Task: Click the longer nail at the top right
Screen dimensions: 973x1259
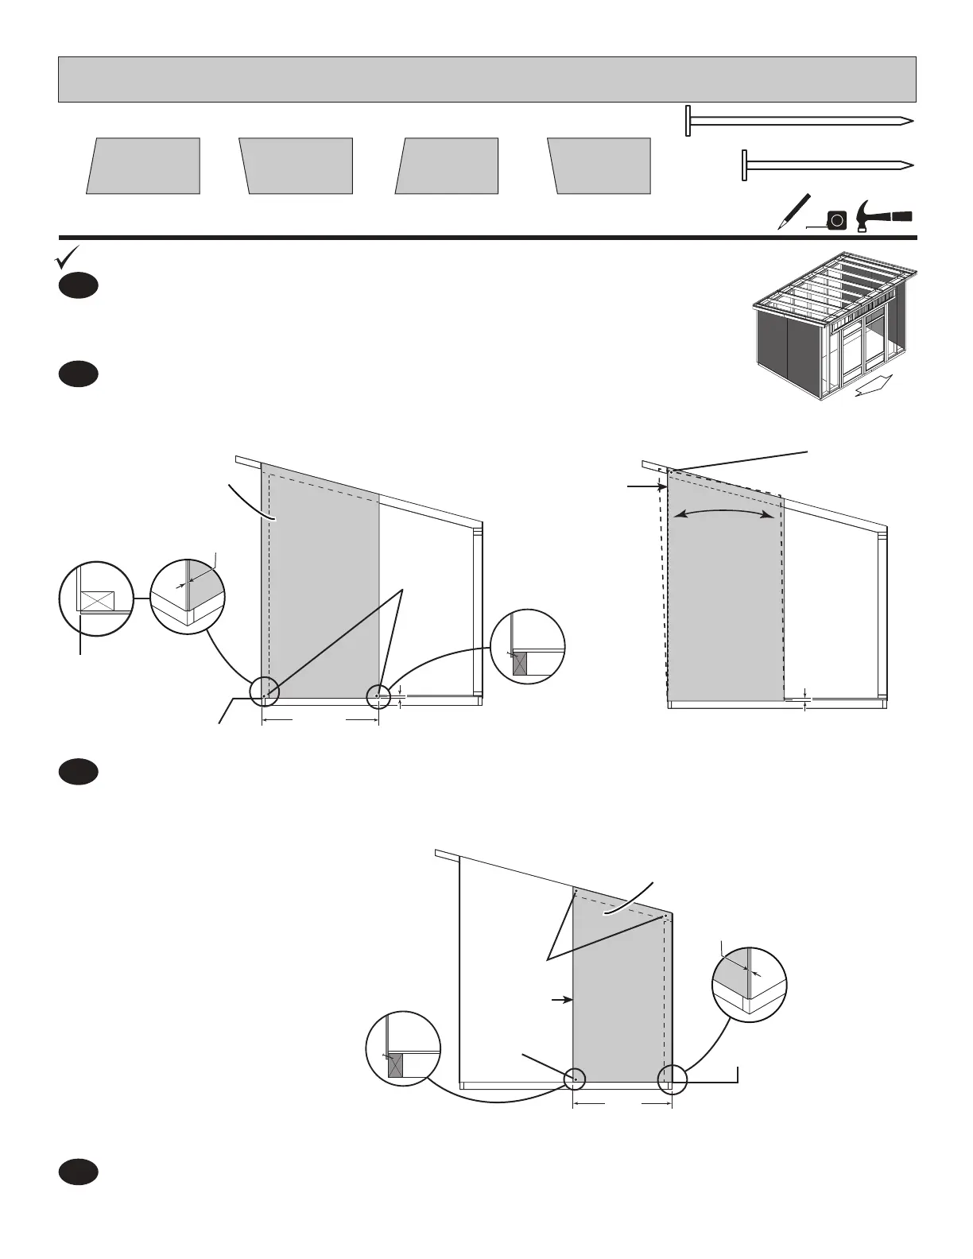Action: pos(799,122)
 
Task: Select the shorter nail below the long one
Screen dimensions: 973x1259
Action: pos(827,165)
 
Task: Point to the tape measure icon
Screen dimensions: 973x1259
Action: pos(836,219)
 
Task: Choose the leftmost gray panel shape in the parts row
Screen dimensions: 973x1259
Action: pos(143,166)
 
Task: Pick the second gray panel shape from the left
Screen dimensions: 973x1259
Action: pos(296,166)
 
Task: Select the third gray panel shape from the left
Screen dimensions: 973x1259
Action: pos(447,166)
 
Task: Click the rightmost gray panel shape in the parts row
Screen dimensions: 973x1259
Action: pos(599,166)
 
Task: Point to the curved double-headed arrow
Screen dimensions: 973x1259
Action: pos(723,512)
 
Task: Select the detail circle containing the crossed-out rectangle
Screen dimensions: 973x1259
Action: pos(96,599)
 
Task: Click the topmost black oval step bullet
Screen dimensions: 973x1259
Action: pos(78,286)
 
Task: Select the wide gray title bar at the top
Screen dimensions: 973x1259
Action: pos(487,79)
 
